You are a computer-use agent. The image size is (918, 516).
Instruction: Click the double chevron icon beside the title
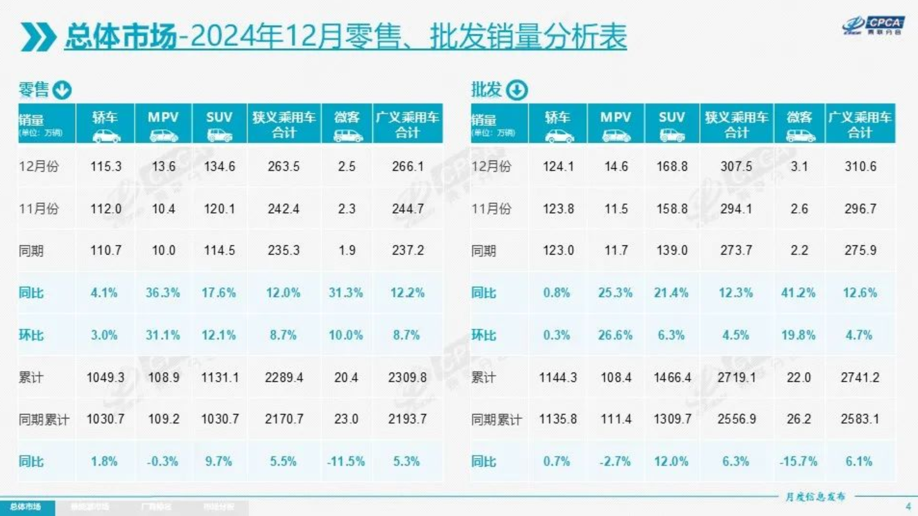click(38, 37)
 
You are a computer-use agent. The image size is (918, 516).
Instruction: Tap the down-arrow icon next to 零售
click(62, 91)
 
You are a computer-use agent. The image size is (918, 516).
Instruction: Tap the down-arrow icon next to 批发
click(517, 91)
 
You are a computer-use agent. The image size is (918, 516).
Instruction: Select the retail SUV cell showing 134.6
click(220, 166)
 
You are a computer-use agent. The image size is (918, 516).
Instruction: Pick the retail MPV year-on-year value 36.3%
click(163, 292)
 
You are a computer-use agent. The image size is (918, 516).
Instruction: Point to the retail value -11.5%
click(346, 461)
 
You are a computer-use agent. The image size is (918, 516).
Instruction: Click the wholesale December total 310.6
click(860, 166)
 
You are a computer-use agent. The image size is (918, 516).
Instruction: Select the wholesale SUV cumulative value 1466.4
click(672, 377)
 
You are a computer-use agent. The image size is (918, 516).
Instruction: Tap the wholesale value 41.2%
click(799, 292)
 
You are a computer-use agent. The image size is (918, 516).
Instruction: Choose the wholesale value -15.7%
click(799, 461)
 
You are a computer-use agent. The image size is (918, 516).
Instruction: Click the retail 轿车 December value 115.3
click(106, 166)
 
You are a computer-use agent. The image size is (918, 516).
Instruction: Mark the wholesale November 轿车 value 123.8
click(558, 209)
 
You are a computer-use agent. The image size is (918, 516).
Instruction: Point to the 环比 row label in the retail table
click(31, 335)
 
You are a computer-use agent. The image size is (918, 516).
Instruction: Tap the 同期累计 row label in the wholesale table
click(496, 420)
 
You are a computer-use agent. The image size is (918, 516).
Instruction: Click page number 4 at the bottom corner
click(908, 505)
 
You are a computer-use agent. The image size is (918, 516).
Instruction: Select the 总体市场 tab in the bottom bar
click(26, 507)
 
